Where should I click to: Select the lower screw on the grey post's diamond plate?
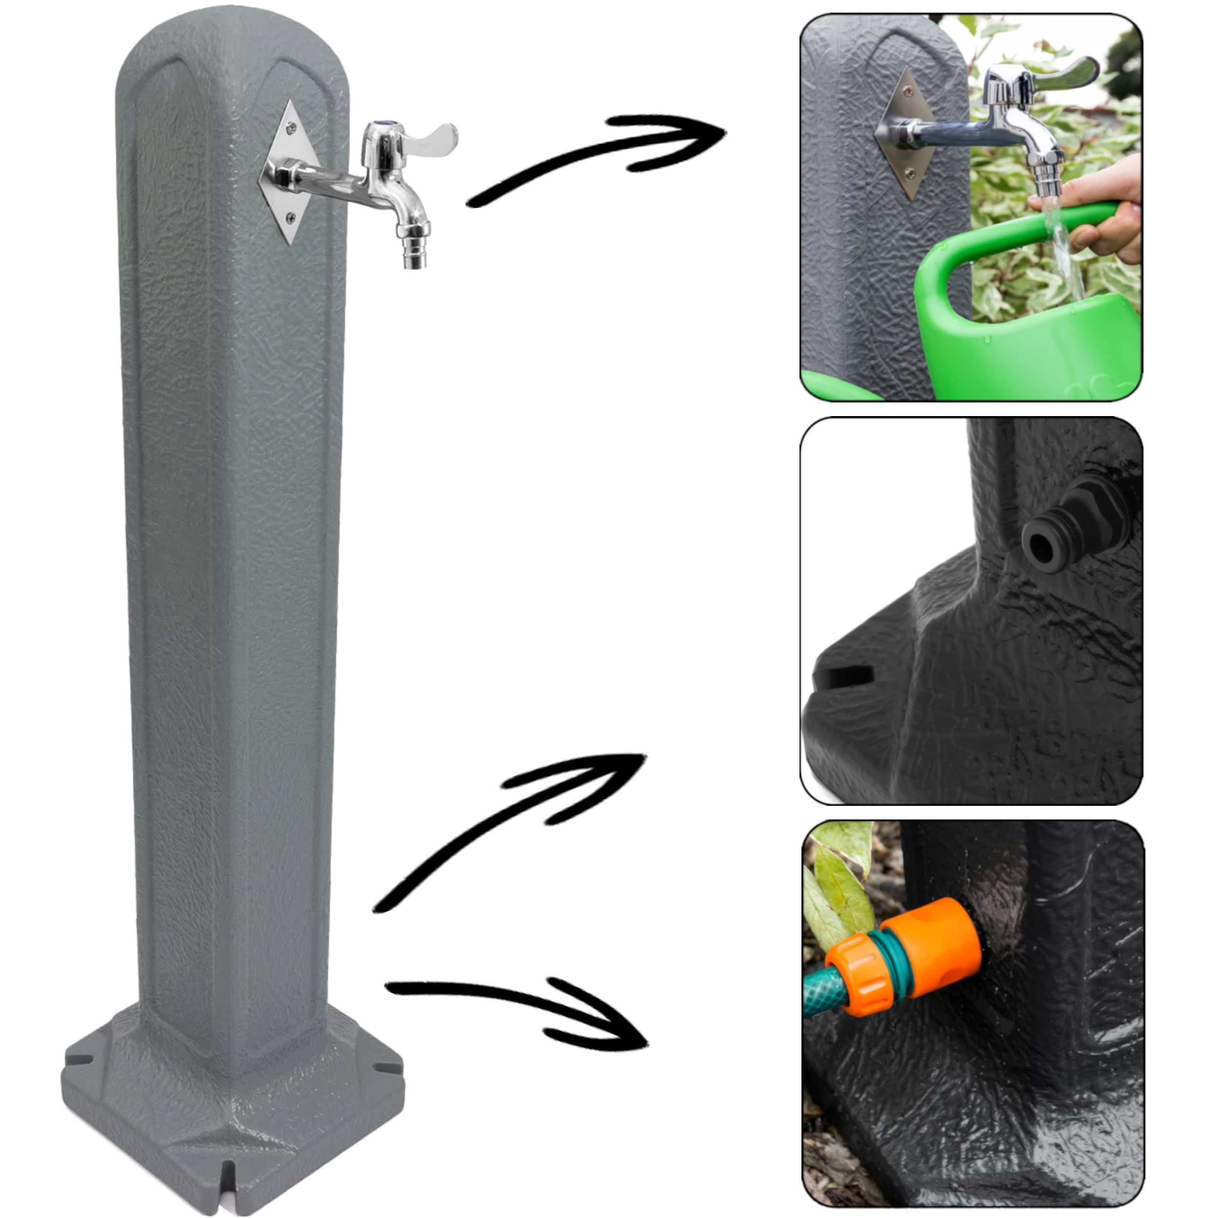pyautogui.click(x=289, y=217)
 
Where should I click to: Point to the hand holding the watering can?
pyautogui.click(x=1109, y=208)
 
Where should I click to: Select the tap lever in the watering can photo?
pyautogui.click(x=1066, y=75)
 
